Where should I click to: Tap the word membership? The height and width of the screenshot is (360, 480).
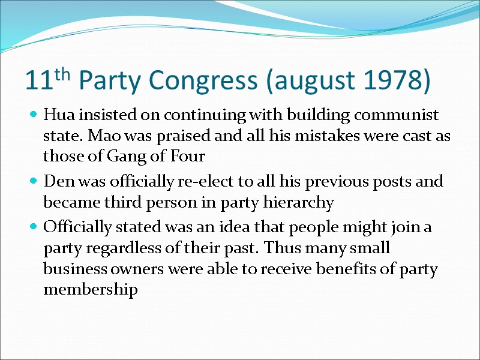(x=91, y=290)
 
